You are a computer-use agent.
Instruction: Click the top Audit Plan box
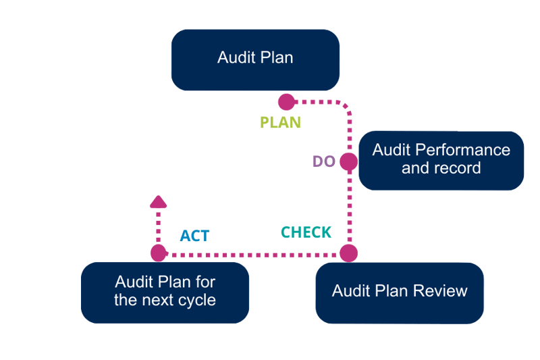[255, 59]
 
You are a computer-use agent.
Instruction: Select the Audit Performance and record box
[441, 160]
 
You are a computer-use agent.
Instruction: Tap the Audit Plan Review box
[400, 292]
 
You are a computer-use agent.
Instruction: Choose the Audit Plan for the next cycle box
[165, 292]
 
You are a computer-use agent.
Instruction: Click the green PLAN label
[281, 123]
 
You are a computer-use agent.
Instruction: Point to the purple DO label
[324, 162]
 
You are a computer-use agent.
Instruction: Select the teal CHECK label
[306, 232]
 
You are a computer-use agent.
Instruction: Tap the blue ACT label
[194, 236]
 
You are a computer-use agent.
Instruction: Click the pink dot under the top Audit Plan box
[287, 102]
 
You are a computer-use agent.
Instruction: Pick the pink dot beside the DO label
[348, 162]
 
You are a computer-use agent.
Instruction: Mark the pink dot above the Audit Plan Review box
[348, 253]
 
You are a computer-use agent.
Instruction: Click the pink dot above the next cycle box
[159, 253]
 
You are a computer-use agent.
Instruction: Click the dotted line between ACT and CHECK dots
[253, 254]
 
